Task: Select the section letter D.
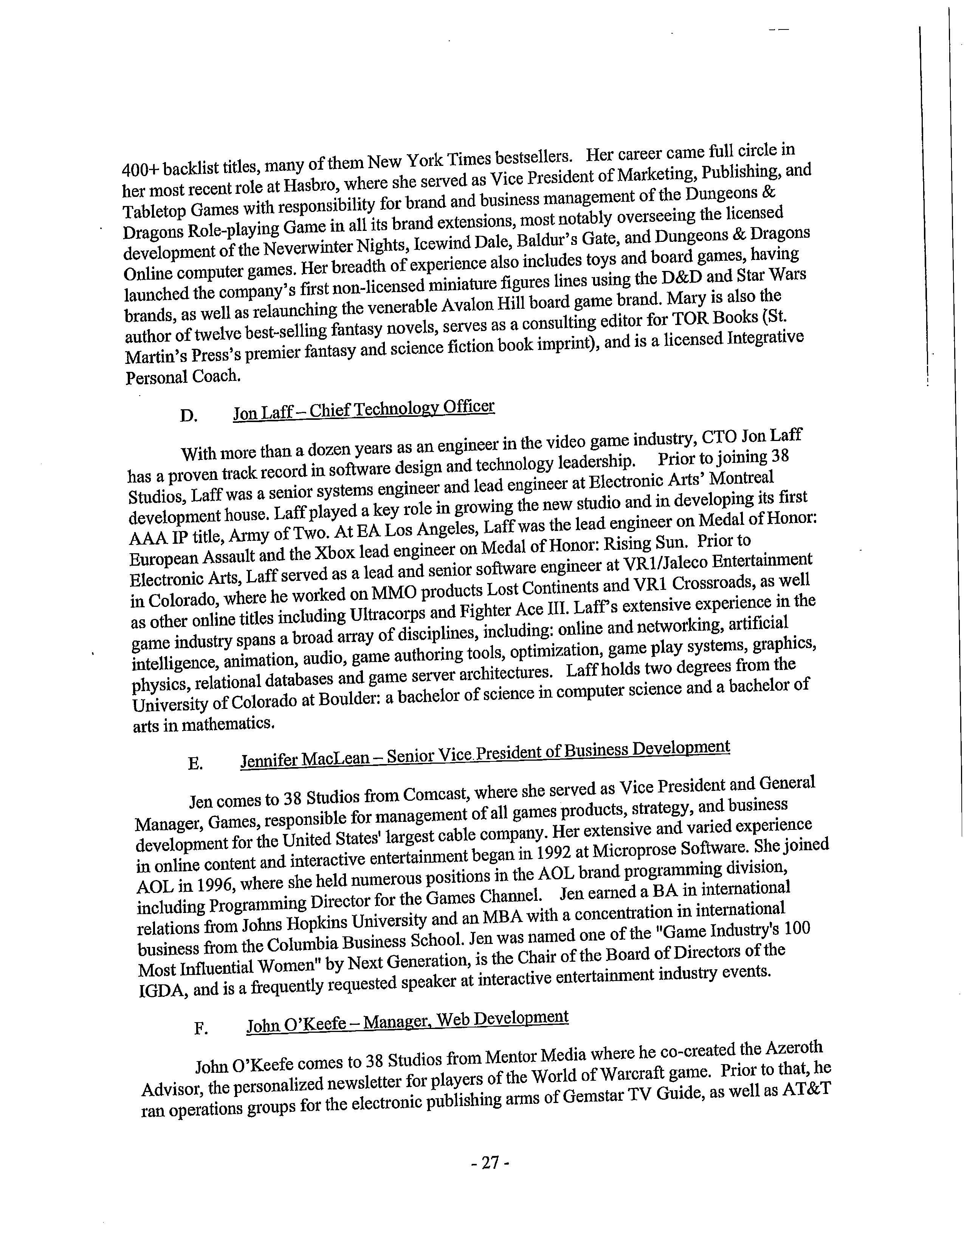(x=189, y=416)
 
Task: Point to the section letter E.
(x=195, y=763)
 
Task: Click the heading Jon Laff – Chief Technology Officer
(x=364, y=409)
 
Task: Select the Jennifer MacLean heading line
(x=485, y=755)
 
